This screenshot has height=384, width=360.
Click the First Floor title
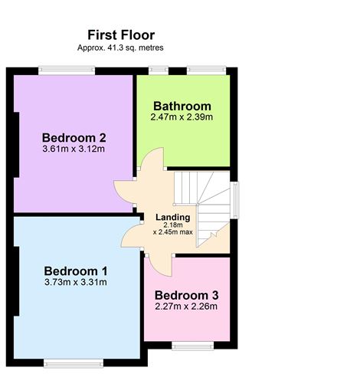(120, 34)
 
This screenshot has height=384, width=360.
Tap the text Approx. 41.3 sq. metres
(120, 48)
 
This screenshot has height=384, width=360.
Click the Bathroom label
(182, 106)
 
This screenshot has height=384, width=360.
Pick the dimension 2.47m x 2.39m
(182, 117)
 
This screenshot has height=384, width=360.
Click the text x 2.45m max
(172, 231)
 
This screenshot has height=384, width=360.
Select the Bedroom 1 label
(75, 271)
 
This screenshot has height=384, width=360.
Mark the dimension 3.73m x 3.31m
(75, 282)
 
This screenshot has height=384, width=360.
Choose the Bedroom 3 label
(187, 296)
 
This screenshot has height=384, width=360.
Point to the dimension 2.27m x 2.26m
(187, 307)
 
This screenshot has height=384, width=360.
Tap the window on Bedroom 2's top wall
(67, 71)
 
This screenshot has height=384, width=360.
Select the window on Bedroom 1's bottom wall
(67, 362)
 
